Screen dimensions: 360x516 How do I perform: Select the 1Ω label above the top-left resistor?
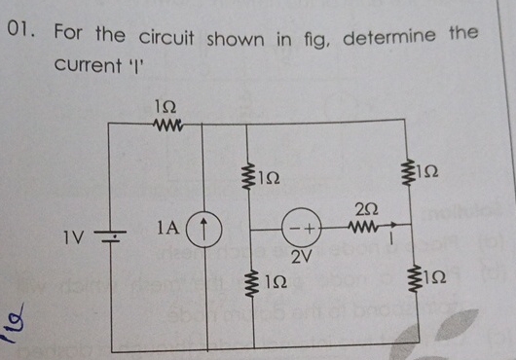tap(165, 103)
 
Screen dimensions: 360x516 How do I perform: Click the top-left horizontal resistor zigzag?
tap(166, 123)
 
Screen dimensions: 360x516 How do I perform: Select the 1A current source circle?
tap(203, 233)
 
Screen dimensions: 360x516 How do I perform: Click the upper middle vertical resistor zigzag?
tap(253, 177)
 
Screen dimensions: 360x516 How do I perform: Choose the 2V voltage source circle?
tap(302, 232)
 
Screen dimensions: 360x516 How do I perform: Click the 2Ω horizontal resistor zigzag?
tap(367, 231)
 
